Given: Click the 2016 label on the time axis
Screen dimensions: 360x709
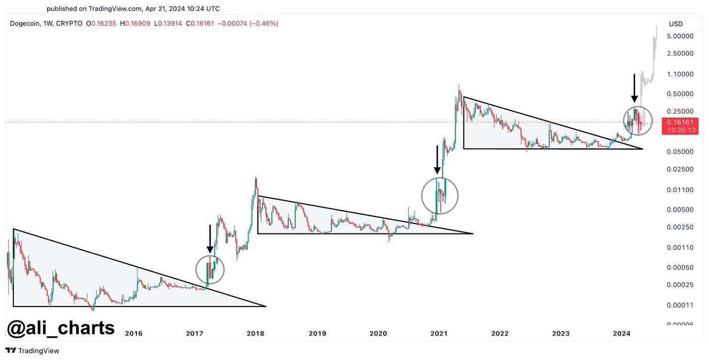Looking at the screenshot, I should (134, 333).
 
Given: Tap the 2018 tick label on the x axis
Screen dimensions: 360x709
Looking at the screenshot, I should (256, 333).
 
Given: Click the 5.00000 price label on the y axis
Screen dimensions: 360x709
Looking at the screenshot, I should (680, 36).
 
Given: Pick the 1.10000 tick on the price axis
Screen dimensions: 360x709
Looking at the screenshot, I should (680, 74).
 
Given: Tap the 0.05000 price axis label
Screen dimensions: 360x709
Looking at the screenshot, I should (680, 151).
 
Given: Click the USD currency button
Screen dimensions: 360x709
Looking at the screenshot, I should (676, 24).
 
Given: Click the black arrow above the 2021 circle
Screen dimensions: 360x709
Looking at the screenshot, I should (437, 160).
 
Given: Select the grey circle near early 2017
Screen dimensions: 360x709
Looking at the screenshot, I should (210, 270).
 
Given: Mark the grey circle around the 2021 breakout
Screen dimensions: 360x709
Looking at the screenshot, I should (440, 196).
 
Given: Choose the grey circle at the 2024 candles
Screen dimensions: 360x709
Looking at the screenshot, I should (638, 121).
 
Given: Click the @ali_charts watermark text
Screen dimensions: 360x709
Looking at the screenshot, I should (61, 328).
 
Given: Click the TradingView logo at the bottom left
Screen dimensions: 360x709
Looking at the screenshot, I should (32, 351).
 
